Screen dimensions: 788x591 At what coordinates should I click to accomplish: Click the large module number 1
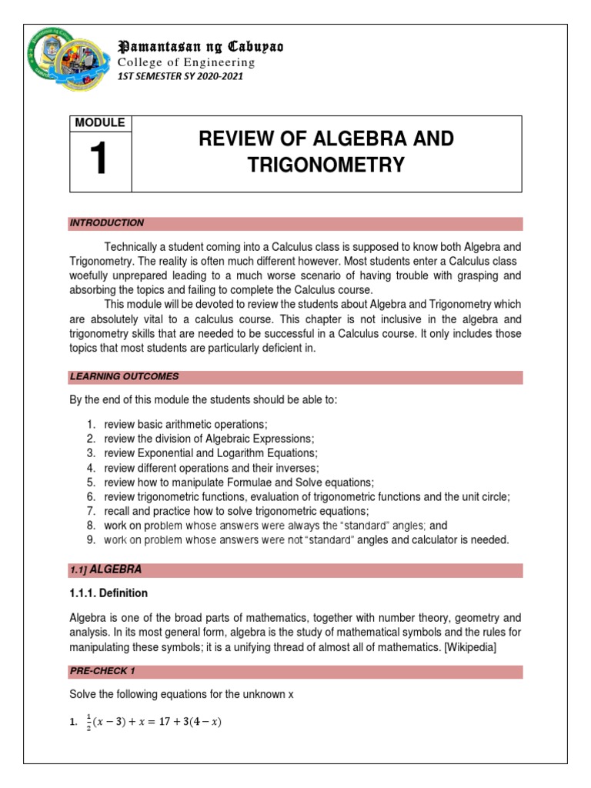click(100, 160)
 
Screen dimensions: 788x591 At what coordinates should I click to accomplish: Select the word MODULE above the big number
click(100, 123)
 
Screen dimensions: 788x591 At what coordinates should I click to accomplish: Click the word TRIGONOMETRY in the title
click(327, 164)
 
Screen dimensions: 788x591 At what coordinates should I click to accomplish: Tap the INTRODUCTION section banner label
click(107, 223)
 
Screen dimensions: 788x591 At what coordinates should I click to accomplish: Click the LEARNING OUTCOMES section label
click(124, 376)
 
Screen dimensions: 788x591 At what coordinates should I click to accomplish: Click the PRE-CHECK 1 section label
click(102, 671)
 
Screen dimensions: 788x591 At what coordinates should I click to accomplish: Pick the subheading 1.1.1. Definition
click(109, 593)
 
